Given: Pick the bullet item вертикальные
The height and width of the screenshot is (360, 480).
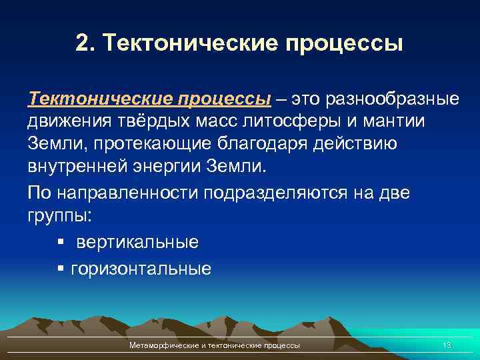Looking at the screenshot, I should (x=137, y=241).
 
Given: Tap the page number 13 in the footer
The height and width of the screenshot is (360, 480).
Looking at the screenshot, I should (x=447, y=345).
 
